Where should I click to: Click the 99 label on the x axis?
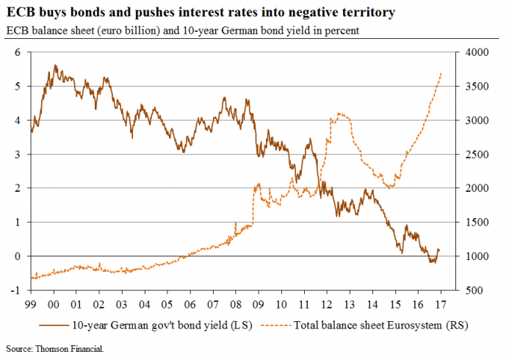[x=30, y=303]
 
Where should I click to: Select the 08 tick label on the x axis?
[x=234, y=303]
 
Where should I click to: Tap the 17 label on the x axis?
[x=438, y=303]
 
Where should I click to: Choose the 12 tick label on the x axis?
[x=325, y=303]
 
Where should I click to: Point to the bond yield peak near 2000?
[x=54, y=65]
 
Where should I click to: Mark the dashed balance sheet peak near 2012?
[x=338, y=113]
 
